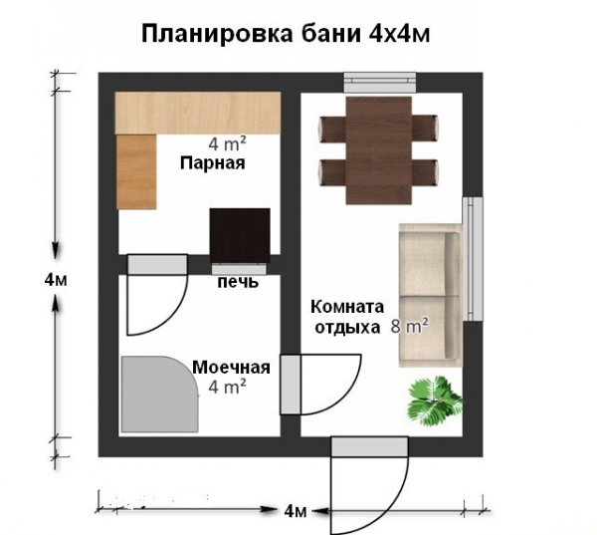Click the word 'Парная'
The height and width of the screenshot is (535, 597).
[212, 162]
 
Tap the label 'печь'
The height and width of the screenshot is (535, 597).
[239, 282]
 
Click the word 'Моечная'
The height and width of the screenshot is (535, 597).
[232, 367]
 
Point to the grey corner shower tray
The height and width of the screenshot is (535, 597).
[154, 396]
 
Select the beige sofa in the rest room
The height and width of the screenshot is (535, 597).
[429, 294]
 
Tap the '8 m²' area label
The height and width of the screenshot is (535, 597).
[410, 325]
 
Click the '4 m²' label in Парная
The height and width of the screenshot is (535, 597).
[228, 142]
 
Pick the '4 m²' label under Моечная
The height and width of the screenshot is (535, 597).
[228, 386]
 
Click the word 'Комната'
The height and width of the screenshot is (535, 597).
[345, 307]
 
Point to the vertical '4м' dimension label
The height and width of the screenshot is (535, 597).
[56, 280]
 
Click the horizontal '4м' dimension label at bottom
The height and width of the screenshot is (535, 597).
[295, 512]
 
